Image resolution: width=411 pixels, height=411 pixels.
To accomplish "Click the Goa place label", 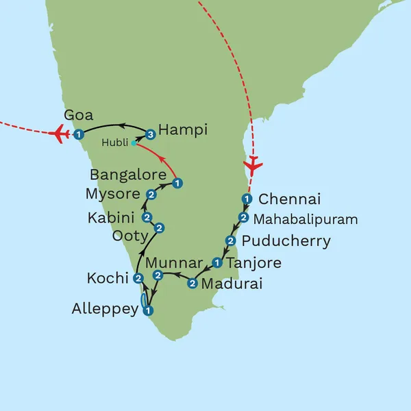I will click(x=77, y=115).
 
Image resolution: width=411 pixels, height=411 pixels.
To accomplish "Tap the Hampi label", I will click(x=182, y=129).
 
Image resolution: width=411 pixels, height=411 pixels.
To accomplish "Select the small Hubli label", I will click(x=114, y=143).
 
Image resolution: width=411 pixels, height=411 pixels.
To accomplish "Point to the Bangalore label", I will click(x=129, y=174).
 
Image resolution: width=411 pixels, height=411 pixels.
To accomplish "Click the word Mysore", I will click(x=112, y=194).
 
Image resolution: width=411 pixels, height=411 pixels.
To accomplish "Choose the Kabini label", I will click(x=112, y=218).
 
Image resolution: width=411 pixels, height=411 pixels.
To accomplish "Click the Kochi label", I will click(x=108, y=278).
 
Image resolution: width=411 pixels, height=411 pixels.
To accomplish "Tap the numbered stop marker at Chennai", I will click(x=247, y=199).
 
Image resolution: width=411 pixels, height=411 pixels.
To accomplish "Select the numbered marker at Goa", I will click(x=79, y=134).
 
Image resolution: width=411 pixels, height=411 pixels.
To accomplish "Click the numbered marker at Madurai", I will click(x=192, y=284).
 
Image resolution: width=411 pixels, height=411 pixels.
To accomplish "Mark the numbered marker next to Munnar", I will click(x=158, y=275).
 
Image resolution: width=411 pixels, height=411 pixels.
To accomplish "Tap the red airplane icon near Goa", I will click(x=60, y=133).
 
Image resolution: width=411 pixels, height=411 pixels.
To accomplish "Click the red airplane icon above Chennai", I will click(x=254, y=165).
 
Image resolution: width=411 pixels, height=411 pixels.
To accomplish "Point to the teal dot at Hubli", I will click(x=134, y=143).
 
